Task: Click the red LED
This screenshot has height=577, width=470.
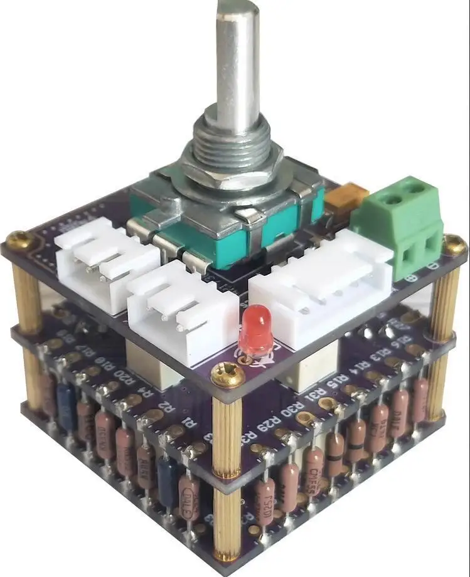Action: (x=254, y=329)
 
